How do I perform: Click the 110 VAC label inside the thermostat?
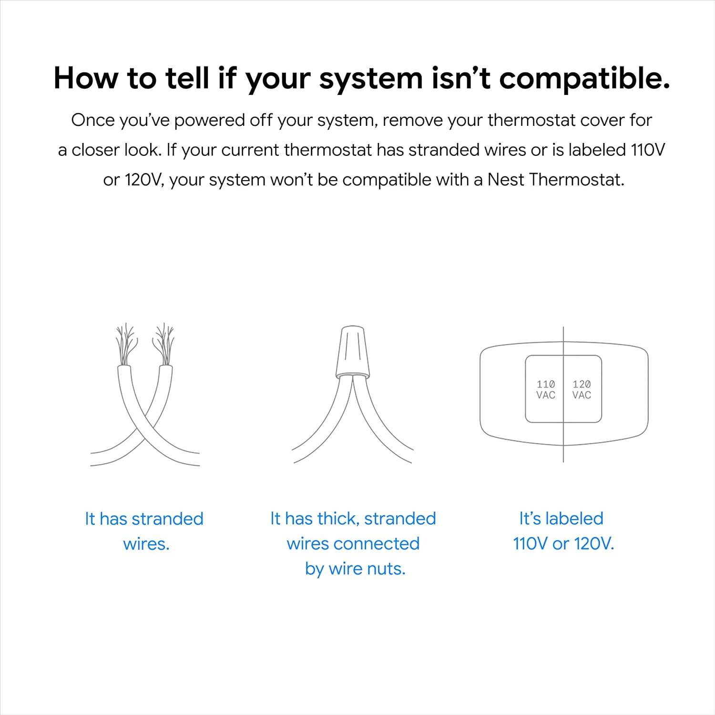(x=546, y=389)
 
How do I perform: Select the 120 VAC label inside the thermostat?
(x=582, y=389)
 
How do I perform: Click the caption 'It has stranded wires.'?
(x=144, y=531)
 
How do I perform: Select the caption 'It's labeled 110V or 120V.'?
(x=563, y=531)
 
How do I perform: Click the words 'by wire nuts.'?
(x=355, y=569)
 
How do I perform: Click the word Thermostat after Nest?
(x=576, y=180)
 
